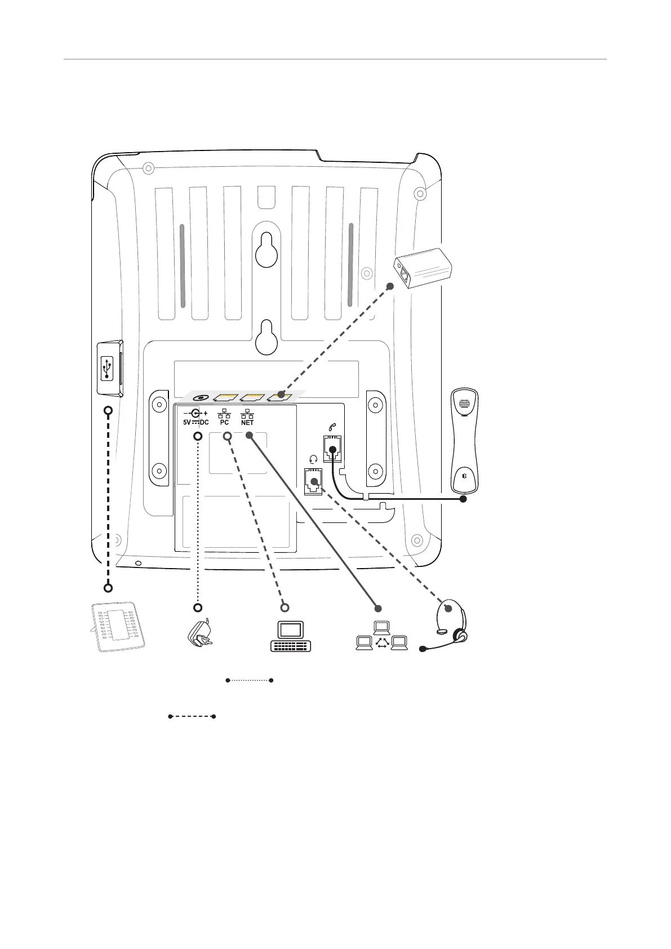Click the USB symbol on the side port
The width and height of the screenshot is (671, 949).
click(108, 369)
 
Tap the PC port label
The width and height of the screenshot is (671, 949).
click(224, 422)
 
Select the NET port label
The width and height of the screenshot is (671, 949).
click(247, 422)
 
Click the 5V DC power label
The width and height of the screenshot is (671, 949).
click(195, 422)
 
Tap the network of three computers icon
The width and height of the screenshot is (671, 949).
click(381, 637)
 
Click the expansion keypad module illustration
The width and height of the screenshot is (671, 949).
click(119, 626)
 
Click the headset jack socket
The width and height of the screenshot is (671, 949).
click(313, 481)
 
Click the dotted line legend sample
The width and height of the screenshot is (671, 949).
click(249, 681)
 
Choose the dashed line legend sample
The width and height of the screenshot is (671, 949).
click(192, 717)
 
